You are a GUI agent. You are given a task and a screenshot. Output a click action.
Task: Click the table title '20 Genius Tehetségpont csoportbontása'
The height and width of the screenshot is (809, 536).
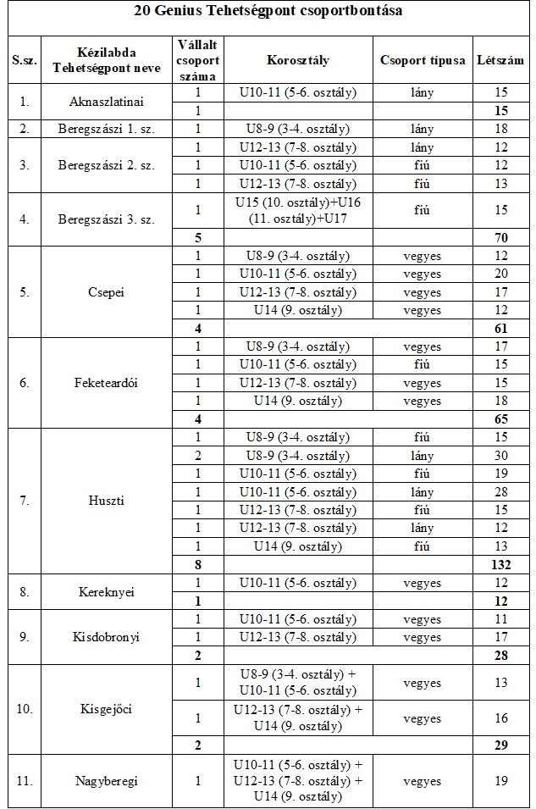coord(268,12)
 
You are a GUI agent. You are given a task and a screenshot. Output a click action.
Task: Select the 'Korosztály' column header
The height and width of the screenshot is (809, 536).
coord(297,61)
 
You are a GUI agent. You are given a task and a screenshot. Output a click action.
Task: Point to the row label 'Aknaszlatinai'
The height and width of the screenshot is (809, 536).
coord(106,102)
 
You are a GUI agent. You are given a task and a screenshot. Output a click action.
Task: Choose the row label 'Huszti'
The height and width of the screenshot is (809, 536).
coord(106,501)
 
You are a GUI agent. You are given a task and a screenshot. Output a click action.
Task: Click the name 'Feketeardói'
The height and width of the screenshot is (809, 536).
coord(106,383)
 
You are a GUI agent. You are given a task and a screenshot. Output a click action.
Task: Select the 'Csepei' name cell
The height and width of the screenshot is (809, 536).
coord(106,292)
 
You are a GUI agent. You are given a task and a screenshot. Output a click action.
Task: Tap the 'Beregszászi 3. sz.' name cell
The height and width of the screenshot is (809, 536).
coord(106,219)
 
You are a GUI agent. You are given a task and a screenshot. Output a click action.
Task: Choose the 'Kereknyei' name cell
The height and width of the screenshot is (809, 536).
coord(106,591)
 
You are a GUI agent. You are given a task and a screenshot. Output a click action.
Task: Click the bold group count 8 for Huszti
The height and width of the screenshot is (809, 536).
coord(198,564)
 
